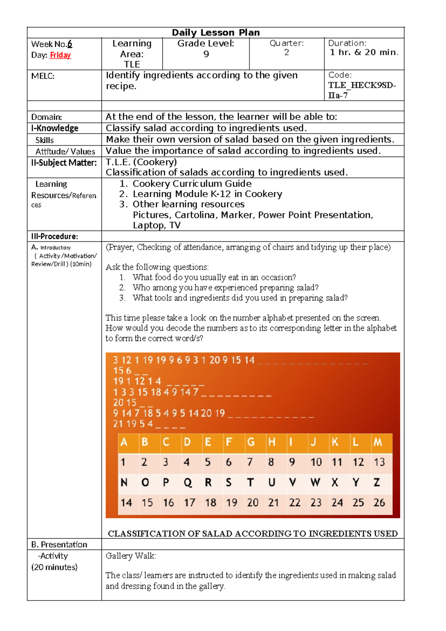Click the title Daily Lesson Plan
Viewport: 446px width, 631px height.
pos(216,32)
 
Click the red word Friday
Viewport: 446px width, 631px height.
pos(60,55)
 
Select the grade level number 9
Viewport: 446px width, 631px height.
pos(206,54)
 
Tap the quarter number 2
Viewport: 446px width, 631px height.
pos(287,52)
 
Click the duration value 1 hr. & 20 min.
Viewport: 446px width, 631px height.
pos(364,52)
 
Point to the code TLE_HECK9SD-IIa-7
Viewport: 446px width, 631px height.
pos(362,90)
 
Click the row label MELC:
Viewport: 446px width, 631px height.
pos(43,76)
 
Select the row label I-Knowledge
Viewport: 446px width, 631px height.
pos(55,128)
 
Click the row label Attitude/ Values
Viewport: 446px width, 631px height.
pos(65,151)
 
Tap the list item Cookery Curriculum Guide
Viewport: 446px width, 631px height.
pos(192,184)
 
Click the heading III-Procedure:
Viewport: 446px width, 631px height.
pos(54,236)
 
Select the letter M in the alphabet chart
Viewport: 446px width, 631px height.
pos(378,442)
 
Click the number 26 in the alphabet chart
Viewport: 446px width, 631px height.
pos(379,503)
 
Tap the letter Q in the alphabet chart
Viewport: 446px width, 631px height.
pos(188,483)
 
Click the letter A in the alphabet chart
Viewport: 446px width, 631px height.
pos(124,442)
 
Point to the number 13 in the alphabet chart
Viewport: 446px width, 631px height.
pos(379,462)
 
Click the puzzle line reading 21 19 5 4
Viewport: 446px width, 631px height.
pos(133,424)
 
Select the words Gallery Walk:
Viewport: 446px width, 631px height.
pos(131,556)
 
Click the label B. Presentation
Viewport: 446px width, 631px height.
pos(59,545)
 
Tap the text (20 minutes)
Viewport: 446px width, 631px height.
pos(54,567)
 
